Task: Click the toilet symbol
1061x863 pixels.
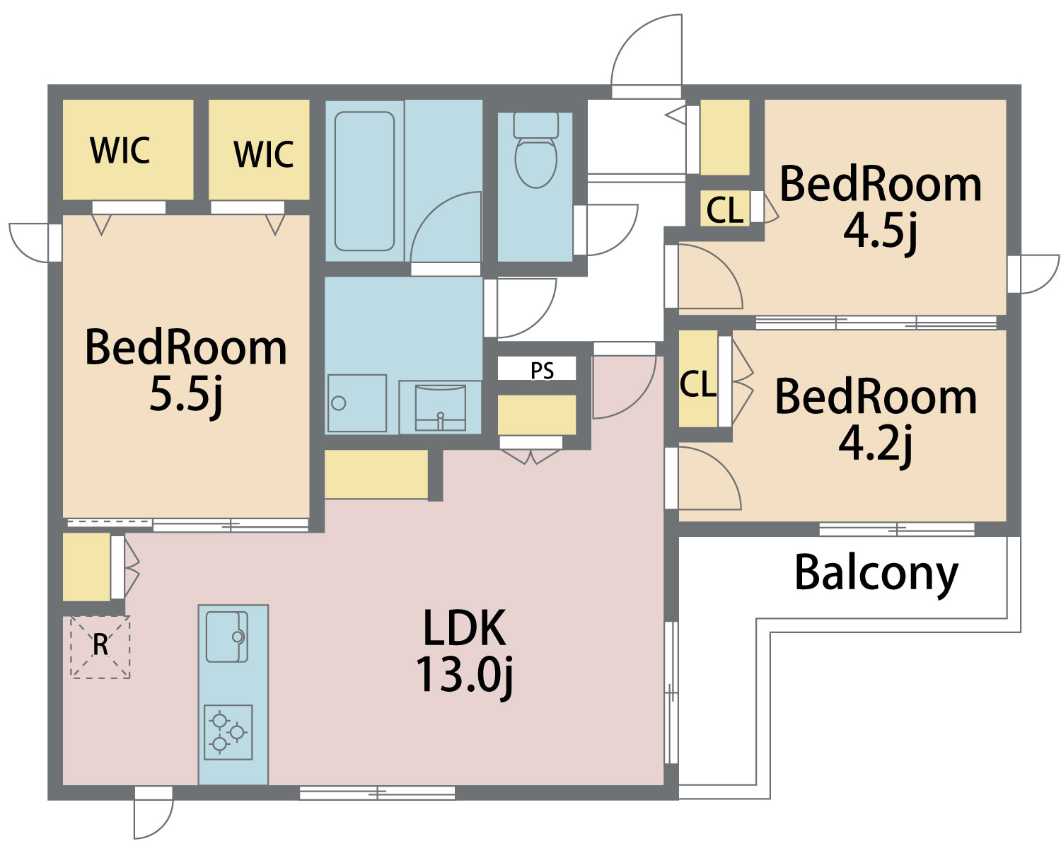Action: pyautogui.click(x=535, y=149)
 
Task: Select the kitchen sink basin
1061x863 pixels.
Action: pyautogui.click(x=226, y=637)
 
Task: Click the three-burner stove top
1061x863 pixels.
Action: pyautogui.click(x=228, y=732)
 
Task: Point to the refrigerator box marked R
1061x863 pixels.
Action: pyautogui.click(x=100, y=647)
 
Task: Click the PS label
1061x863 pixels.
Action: pyautogui.click(x=542, y=371)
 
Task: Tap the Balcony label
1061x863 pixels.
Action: pyautogui.click(x=876, y=575)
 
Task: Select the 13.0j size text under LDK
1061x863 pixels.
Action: pyautogui.click(x=464, y=676)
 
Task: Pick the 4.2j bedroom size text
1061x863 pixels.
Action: pyautogui.click(x=875, y=444)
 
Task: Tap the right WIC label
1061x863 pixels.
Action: pyautogui.click(x=264, y=154)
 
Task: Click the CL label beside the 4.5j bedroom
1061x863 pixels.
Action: pyautogui.click(x=724, y=209)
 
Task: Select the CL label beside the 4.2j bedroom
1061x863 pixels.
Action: pyautogui.click(x=697, y=384)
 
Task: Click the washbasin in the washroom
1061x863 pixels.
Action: pyautogui.click(x=441, y=407)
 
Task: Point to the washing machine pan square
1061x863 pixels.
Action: pyautogui.click(x=356, y=403)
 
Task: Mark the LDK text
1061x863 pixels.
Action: pyautogui.click(x=464, y=627)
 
